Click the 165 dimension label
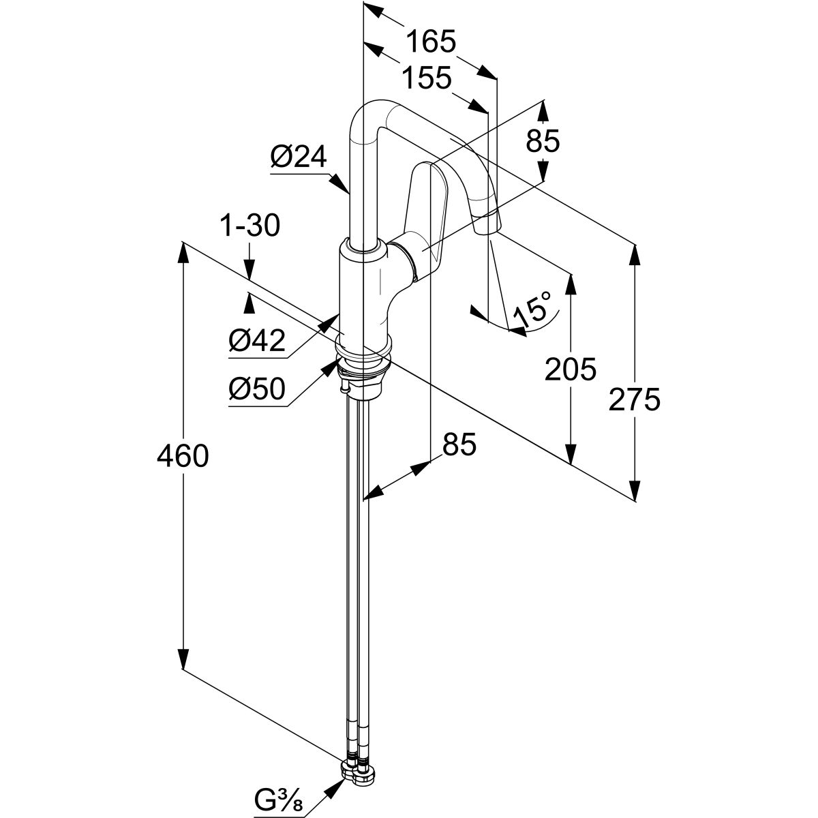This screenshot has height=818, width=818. pyautogui.click(x=430, y=42)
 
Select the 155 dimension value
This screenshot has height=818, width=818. pyautogui.click(x=425, y=78)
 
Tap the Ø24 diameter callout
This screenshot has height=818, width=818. pyautogui.click(x=298, y=158)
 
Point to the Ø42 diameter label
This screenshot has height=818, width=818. pyautogui.click(x=258, y=340)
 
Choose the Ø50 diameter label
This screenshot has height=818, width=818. pyautogui.click(x=258, y=390)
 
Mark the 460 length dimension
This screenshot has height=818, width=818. pyautogui.click(x=182, y=455)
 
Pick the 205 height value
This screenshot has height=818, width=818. pyautogui.click(x=571, y=369)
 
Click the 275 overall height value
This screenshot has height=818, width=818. pyautogui.click(x=635, y=399)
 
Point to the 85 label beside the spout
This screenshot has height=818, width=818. pyautogui.click(x=543, y=141)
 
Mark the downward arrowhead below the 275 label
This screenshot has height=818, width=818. pyautogui.click(x=635, y=490)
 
